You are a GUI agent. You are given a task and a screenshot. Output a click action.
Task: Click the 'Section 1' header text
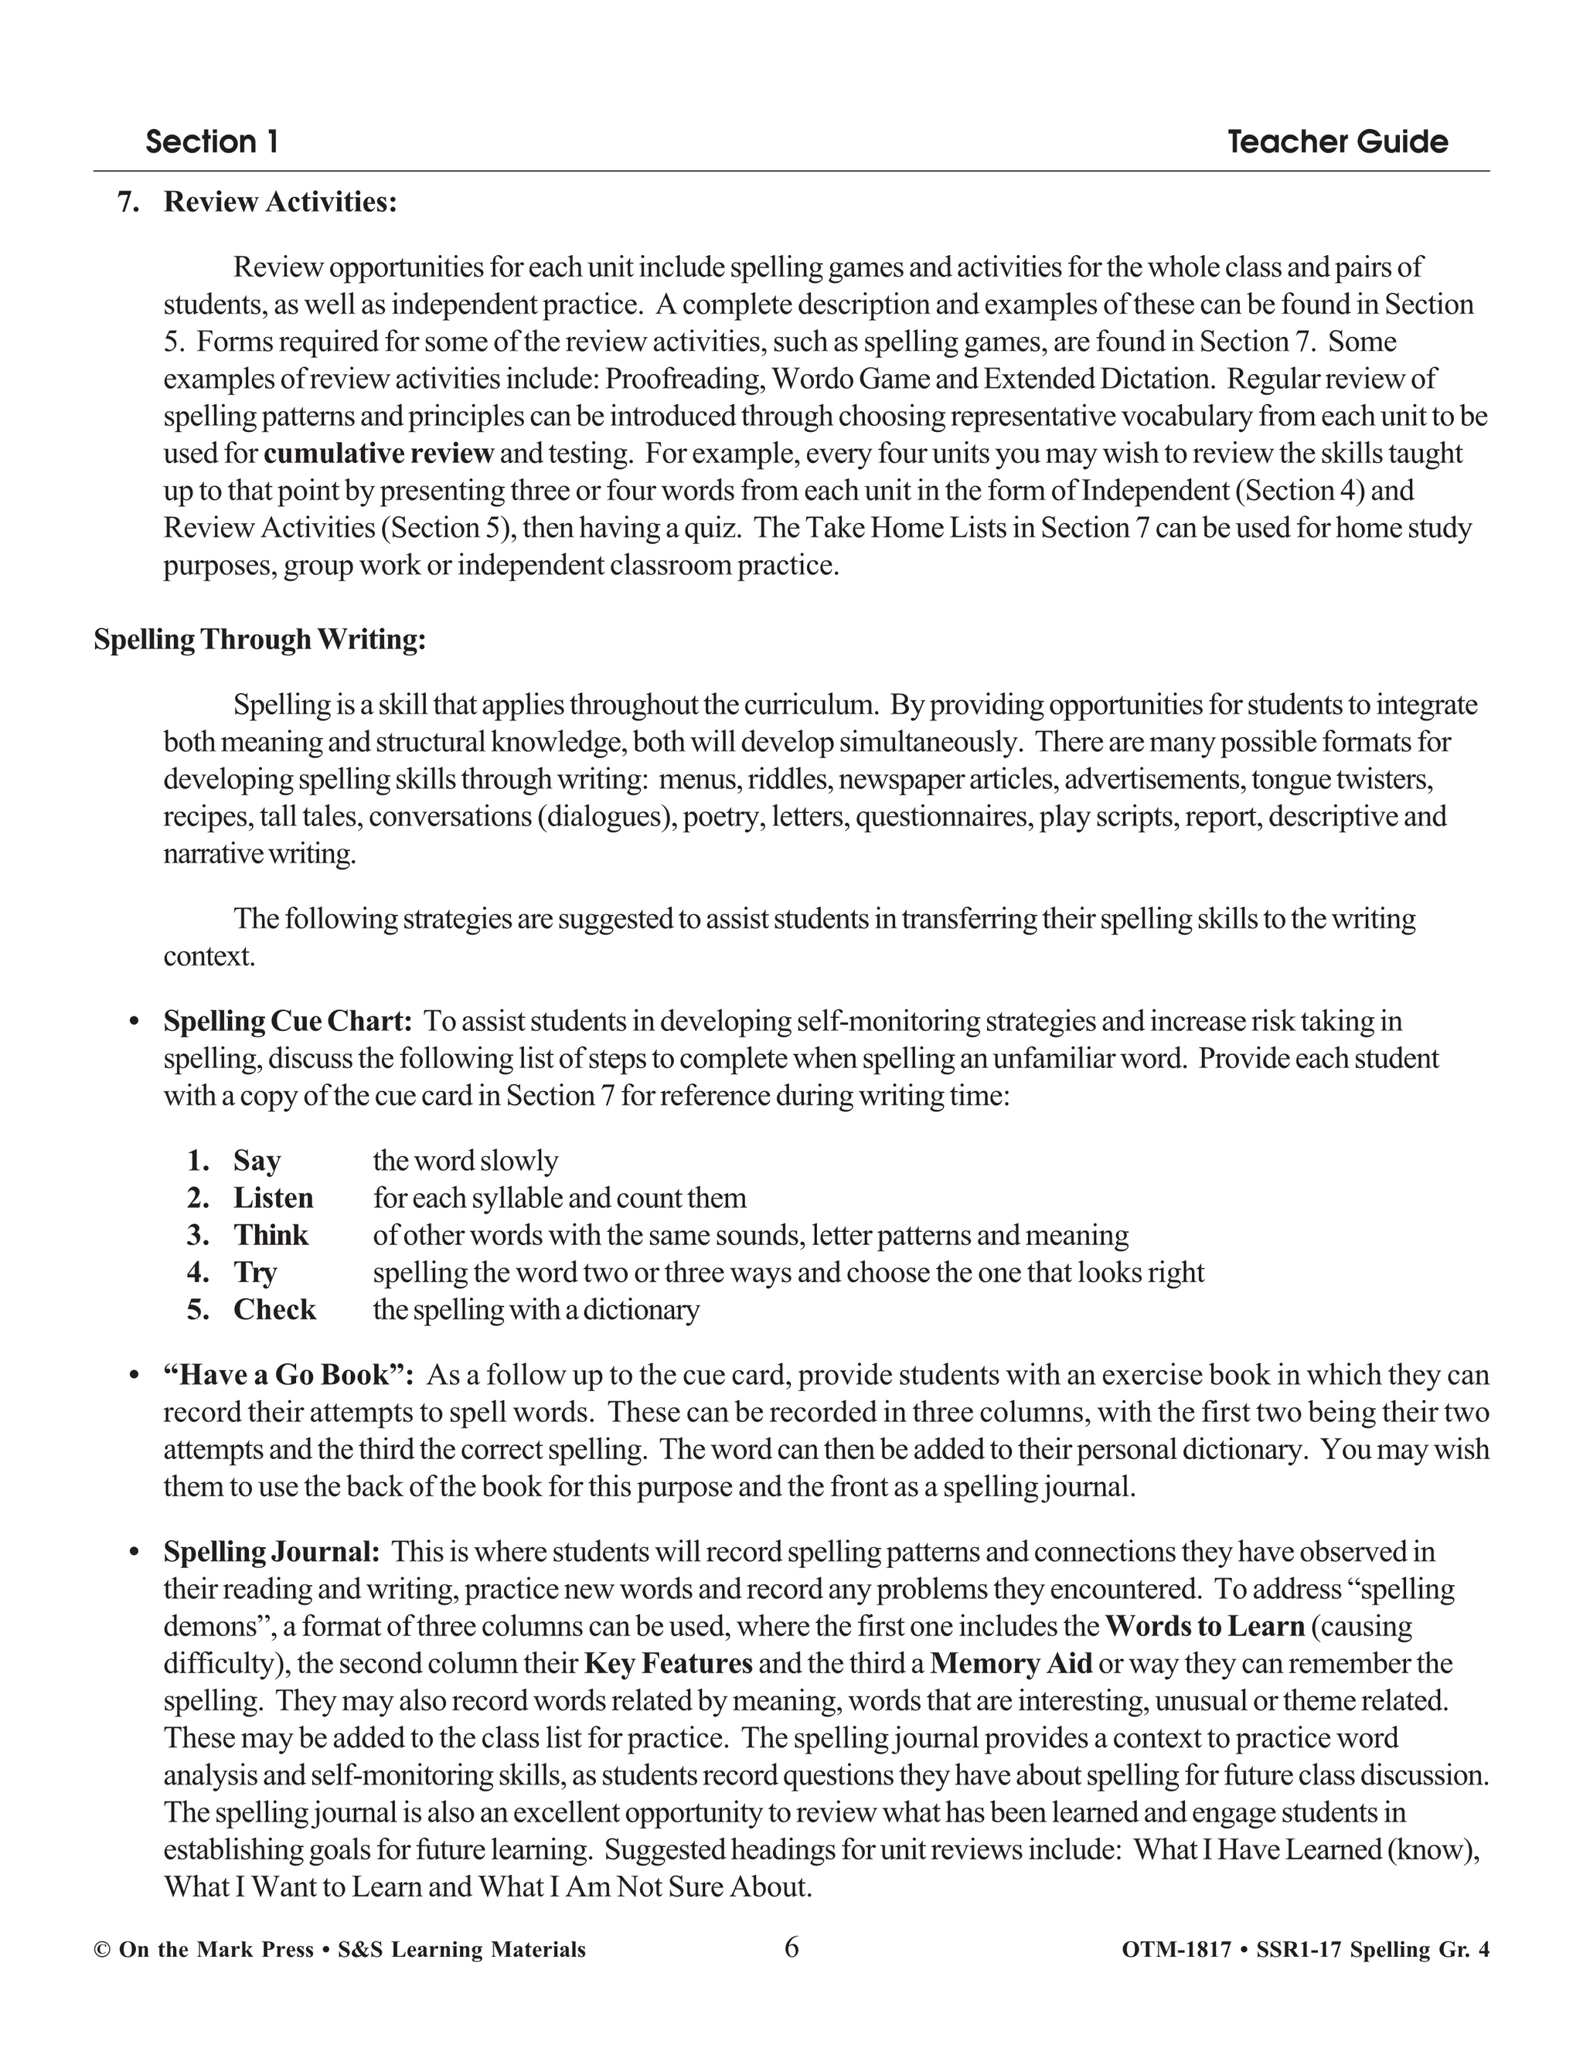point(212,142)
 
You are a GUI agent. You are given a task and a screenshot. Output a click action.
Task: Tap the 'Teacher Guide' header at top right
point(1337,142)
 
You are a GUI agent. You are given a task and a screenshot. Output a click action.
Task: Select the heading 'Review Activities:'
point(280,202)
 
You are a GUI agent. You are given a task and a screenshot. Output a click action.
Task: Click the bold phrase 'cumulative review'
point(378,454)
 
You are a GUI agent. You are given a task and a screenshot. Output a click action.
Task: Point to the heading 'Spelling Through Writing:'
point(260,640)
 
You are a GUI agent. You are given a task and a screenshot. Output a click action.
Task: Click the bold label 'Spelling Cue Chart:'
point(287,1021)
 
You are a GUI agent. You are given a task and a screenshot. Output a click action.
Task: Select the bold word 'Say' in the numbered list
point(257,1161)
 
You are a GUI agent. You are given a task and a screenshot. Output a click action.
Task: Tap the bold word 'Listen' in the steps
point(273,1199)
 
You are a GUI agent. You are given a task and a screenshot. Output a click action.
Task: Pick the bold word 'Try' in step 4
point(255,1273)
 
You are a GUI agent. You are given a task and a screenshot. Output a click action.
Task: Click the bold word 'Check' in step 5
point(274,1310)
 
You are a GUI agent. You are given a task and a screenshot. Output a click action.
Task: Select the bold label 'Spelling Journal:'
point(271,1552)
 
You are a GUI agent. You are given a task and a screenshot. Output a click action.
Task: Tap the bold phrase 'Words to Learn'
point(1205,1626)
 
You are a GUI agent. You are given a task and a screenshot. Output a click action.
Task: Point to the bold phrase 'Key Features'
point(668,1664)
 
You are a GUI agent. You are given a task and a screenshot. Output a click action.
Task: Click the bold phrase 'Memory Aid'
point(1011,1664)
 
